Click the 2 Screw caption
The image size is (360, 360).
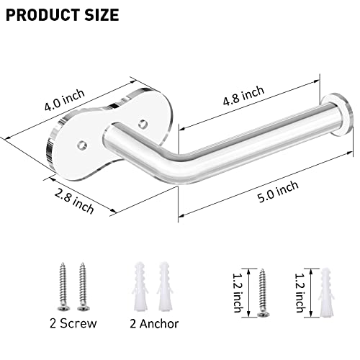tap(73, 323)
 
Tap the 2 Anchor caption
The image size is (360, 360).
tap(155, 323)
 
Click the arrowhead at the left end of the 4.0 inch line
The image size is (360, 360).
tap(6, 133)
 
